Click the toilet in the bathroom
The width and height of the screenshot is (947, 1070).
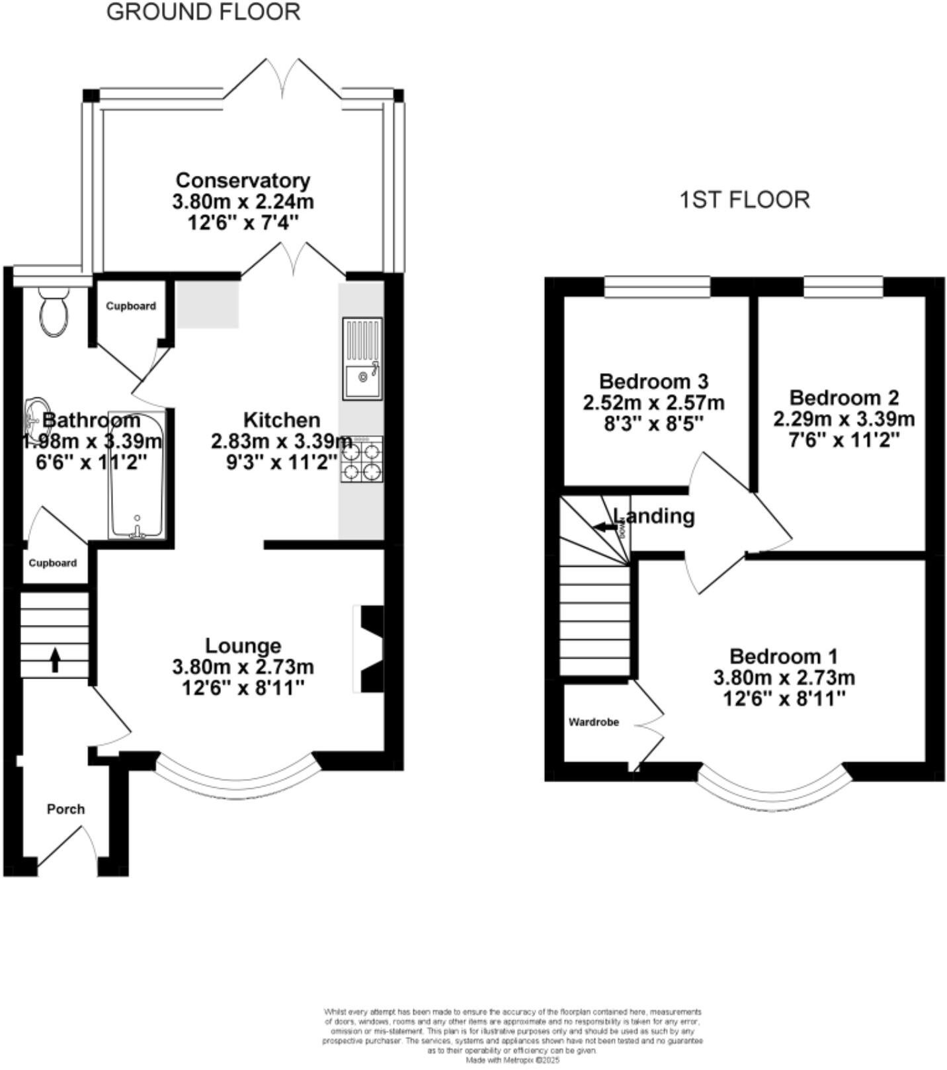54,312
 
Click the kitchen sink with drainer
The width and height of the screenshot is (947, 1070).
362,358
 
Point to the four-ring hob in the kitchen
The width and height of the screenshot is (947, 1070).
362,459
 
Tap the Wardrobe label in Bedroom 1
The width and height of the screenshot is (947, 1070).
593,722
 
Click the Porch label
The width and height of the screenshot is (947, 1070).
65,809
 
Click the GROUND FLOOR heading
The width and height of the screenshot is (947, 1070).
203,12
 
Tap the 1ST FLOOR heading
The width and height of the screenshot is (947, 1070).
745,200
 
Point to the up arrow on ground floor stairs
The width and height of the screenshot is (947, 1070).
56,659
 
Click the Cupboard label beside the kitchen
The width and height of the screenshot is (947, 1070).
131,306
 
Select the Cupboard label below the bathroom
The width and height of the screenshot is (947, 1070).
52,563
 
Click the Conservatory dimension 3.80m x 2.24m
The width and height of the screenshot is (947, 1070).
243,202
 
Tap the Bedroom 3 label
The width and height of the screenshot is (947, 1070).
653,382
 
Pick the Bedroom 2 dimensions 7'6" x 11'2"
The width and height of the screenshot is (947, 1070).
844,440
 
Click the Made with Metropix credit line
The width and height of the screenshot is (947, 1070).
513,1059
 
